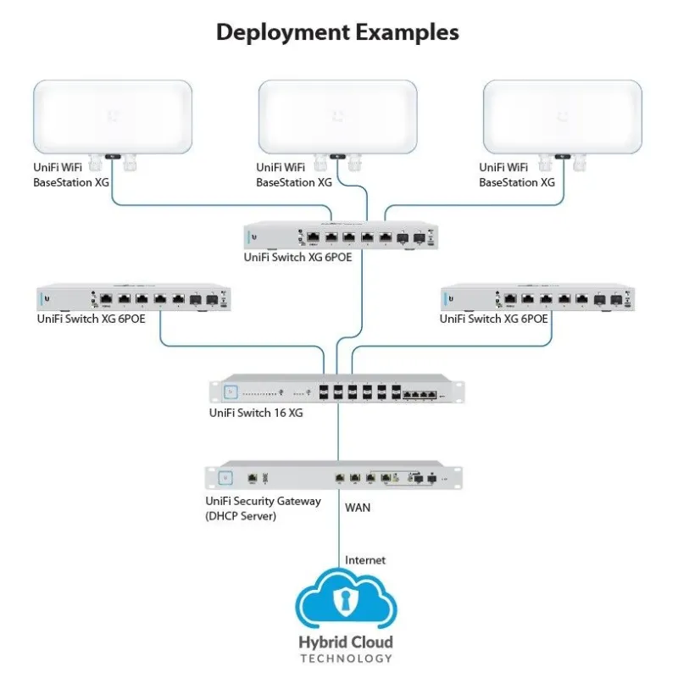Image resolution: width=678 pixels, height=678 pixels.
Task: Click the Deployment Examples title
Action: click(337, 32)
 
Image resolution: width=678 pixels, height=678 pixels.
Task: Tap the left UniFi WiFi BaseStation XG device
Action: click(112, 116)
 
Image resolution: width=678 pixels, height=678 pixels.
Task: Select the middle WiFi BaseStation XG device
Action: click(337, 116)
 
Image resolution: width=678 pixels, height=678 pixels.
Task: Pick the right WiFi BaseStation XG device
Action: click(561, 116)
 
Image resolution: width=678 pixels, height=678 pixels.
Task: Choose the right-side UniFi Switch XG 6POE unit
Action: click(536, 298)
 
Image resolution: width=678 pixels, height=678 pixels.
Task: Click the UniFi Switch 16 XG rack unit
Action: click(337, 391)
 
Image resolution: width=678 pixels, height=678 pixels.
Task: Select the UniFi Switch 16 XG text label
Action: click(256, 414)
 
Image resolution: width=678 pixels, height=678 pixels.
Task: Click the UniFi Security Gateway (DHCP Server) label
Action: click(263, 508)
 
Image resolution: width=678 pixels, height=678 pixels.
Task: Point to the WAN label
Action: click(358, 508)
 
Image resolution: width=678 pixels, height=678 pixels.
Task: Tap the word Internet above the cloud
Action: click(365, 560)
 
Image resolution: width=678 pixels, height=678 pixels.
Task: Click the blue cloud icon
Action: click(346, 602)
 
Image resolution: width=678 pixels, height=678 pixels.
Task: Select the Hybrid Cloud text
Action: click(346, 642)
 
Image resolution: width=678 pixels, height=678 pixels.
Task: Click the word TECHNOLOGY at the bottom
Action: click(346, 659)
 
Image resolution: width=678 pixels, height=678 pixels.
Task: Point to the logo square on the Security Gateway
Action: click(225, 477)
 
